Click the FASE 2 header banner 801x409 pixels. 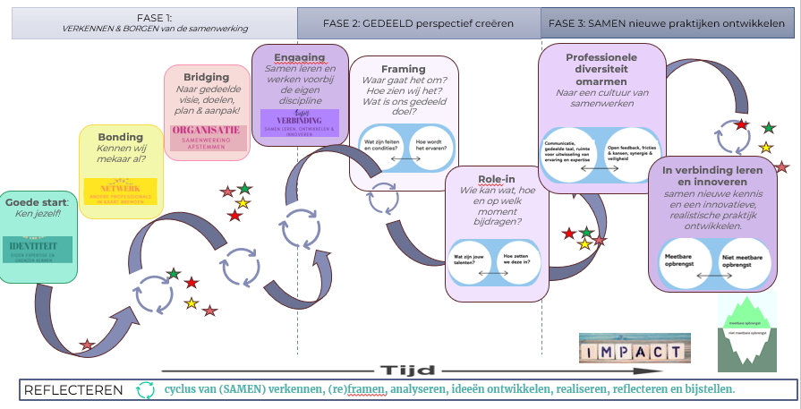click(x=418, y=21)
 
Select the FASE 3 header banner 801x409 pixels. click(x=666, y=21)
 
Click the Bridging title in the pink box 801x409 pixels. click(x=207, y=77)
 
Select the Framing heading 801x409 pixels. click(x=403, y=69)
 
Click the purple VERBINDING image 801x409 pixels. click(x=300, y=123)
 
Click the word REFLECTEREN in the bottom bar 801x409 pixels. click(x=73, y=390)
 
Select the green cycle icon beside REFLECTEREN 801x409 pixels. click(x=145, y=390)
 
